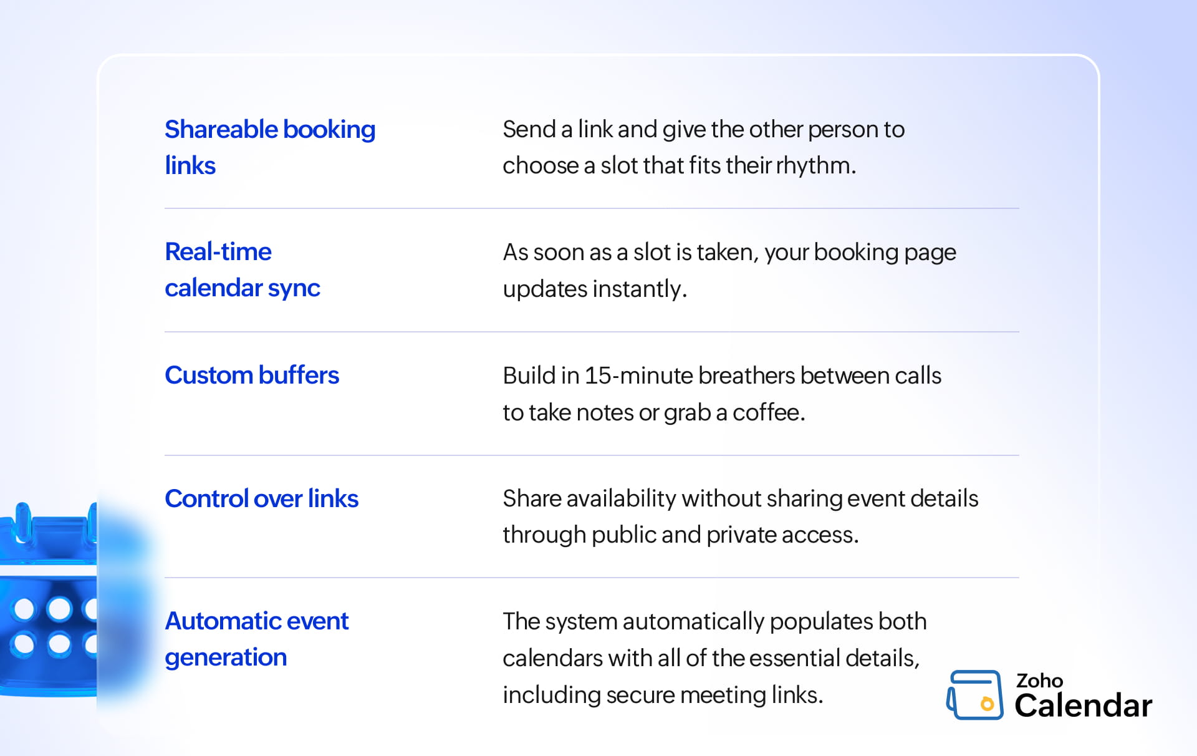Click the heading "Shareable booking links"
click(x=270, y=147)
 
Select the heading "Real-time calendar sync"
click(x=243, y=269)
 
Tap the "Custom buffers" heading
click(x=252, y=375)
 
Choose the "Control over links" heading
click(x=262, y=498)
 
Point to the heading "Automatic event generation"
click(x=256, y=639)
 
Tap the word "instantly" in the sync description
click(x=640, y=289)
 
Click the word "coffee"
click(x=769, y=412)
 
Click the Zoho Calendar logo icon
click(x=975, y=695)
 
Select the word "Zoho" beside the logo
click(x=1039, y=681)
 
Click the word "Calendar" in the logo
click(x=1084, y=705)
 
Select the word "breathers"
click(x=747, y=376)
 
